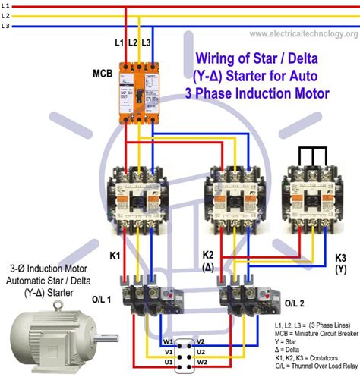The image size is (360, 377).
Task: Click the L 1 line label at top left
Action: click(6, 6)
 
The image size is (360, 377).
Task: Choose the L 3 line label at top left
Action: click(6, 25)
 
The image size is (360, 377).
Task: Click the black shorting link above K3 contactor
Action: click(307, 157)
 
